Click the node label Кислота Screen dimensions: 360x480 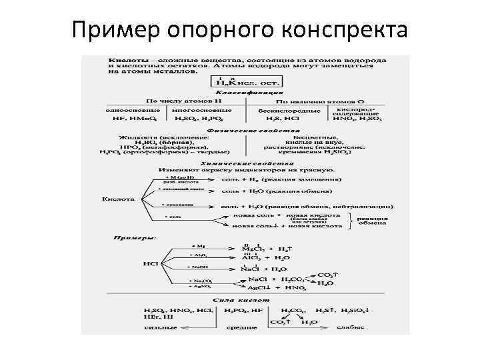click(x=119, y=199)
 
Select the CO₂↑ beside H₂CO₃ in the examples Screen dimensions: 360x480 click(x=326, y=274)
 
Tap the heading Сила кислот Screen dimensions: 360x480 click(x=241, y=301)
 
